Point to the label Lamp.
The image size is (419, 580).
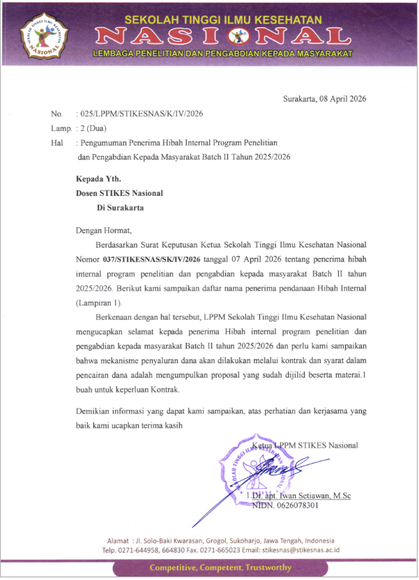click(x=61, y=128)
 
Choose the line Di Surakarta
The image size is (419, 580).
click(x=122, y=207)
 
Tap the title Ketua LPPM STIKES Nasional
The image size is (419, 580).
click(x=305, y=445)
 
